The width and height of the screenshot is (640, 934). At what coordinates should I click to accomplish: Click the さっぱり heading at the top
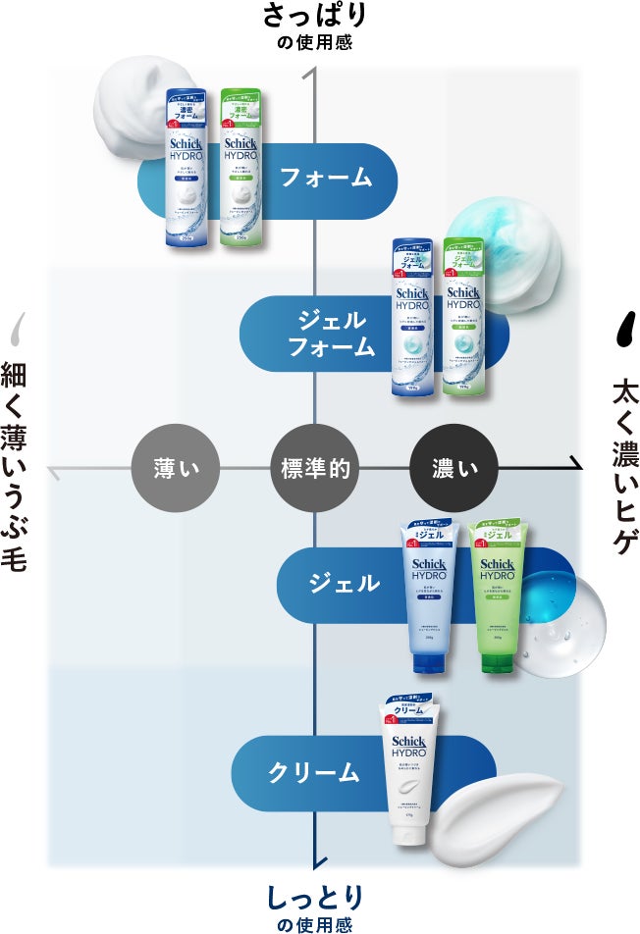[314, 16]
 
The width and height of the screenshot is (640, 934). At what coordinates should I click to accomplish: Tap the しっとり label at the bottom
[314, 896]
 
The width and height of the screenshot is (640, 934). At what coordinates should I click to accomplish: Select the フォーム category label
[326, 178]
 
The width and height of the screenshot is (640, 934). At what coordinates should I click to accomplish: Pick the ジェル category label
[344, 583]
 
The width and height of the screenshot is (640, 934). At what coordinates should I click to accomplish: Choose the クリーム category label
[314, 772]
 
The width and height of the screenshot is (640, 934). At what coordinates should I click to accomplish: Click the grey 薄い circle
[177, 468]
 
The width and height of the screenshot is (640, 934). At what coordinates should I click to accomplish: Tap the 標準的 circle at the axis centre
[315, 468]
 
